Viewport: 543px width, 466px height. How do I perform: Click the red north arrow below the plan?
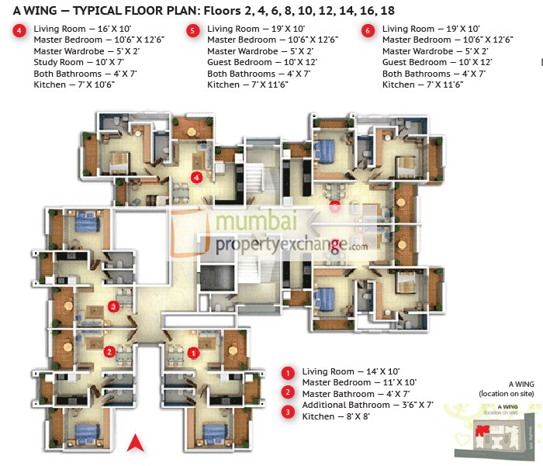137,444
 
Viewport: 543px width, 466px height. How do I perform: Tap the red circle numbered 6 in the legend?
368,31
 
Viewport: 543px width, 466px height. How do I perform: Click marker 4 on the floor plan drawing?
197,177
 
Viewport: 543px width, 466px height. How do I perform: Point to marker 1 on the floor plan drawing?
195,351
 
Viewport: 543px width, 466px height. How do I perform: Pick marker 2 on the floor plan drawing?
110,351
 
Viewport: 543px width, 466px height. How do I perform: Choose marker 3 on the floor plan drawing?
114,306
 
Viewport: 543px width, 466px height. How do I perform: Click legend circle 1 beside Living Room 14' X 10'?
288,373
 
